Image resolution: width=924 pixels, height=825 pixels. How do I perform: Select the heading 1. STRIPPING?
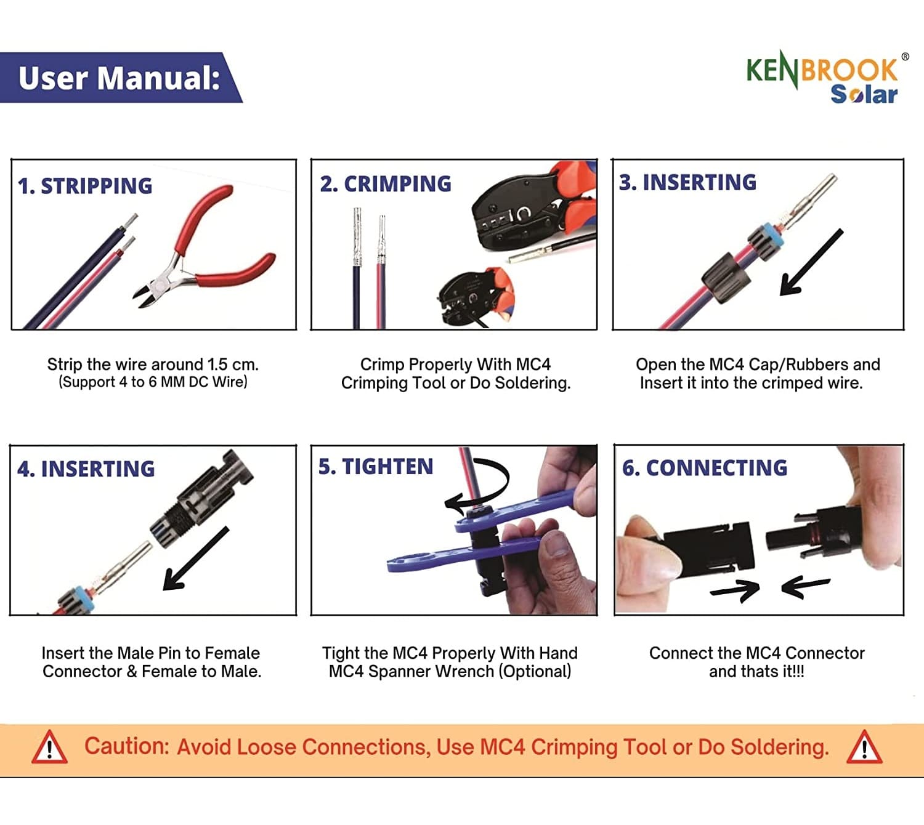coord(85,186)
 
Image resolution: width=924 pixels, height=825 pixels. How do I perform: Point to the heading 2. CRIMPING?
coord(386,184)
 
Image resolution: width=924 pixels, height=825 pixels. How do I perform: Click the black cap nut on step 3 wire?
coord(727,277)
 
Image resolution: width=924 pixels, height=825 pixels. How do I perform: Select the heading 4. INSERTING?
coord(86,469)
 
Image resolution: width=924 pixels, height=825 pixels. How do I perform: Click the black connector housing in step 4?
coord(203,499)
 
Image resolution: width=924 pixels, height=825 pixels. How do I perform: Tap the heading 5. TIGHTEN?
coord(376,467)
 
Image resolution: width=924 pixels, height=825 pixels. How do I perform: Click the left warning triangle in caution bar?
coord(49,747)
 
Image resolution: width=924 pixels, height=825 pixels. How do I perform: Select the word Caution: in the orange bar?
coord(126,746)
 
